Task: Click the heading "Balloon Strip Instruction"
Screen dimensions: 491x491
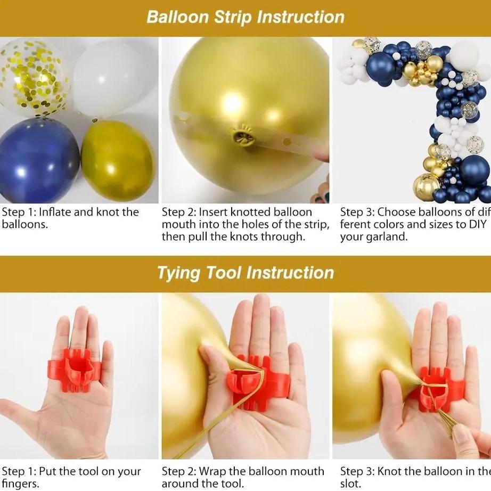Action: [x=245, y=17]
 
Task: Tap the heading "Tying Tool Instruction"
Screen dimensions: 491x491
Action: [x=245, y=273]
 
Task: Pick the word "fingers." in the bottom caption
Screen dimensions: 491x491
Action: [x=20, y=484]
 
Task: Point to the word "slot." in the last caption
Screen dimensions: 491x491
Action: [x=350, y=484]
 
